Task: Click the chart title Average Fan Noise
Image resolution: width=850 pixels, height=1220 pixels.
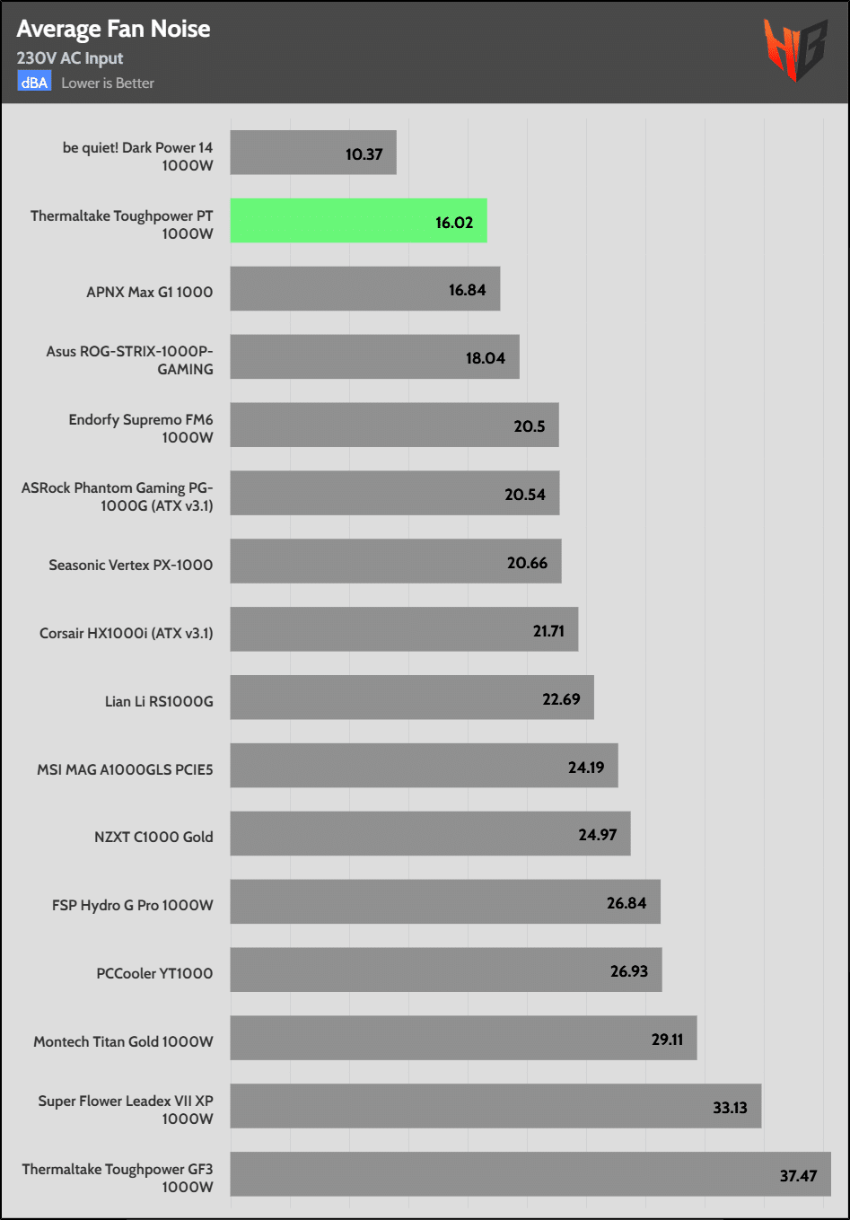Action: [x=113, y=29]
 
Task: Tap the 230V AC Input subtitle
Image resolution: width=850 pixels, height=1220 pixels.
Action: [x=70, y=58]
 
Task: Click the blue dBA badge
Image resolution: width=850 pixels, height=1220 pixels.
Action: [x=34, y=83]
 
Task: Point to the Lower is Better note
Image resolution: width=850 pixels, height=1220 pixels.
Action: [x=108, y=83]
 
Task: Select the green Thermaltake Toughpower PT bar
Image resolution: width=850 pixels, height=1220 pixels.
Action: [x=358, y=221]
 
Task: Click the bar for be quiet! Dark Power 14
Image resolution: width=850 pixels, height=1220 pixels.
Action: [x=312, y=153]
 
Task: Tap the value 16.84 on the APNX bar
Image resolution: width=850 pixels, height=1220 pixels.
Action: [x=467, y=290]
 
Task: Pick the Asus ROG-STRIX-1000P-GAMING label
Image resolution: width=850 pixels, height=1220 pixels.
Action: [x=129, y=359]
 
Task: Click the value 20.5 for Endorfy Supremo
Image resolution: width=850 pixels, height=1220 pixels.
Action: [x=529, y=426]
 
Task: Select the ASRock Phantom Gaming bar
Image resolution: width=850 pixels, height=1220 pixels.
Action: [x=394, y=493]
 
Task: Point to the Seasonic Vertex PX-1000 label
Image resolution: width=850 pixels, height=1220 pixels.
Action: [x=131, y=565]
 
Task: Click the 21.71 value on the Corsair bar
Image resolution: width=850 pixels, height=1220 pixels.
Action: [x=548, y=631]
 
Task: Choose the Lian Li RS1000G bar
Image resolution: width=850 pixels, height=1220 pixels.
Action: [x=411, y=698]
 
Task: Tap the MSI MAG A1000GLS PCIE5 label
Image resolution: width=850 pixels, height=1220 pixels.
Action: [x=125, y=769]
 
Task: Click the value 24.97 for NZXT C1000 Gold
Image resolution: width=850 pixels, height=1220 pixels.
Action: [x=597, y=835]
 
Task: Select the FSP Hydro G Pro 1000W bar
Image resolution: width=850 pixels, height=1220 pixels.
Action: [x=444, y=901]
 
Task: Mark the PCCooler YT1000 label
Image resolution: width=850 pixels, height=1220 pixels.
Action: [x=154, y=973]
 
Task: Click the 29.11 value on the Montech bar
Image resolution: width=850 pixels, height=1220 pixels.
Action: [x=667, y=1040]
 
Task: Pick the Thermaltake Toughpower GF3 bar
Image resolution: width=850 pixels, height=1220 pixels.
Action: [x=530, y=1174]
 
